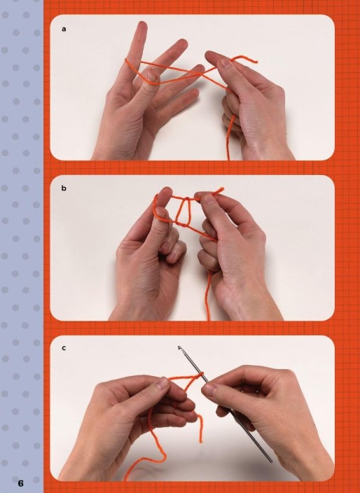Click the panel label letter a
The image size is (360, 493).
(x=64, y=29)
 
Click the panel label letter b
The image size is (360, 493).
(x=64, y=188)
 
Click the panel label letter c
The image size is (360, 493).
(x=64, y=348)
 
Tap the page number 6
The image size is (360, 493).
(x=20, y=483)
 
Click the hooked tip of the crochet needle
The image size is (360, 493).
(x=179, y=348)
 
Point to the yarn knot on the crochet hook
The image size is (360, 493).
(x=198, y=375)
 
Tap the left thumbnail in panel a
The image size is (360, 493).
(x=153, y=76)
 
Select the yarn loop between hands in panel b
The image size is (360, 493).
(x=183, y=211)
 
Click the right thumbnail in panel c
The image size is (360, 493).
(x=209, y=389)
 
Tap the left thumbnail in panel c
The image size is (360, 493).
(x=162, y=384)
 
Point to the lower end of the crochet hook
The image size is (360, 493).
(x=270, y=461)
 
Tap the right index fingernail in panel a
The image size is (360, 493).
(x=226, y=63)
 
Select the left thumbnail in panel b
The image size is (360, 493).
(x=162, y=214)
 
